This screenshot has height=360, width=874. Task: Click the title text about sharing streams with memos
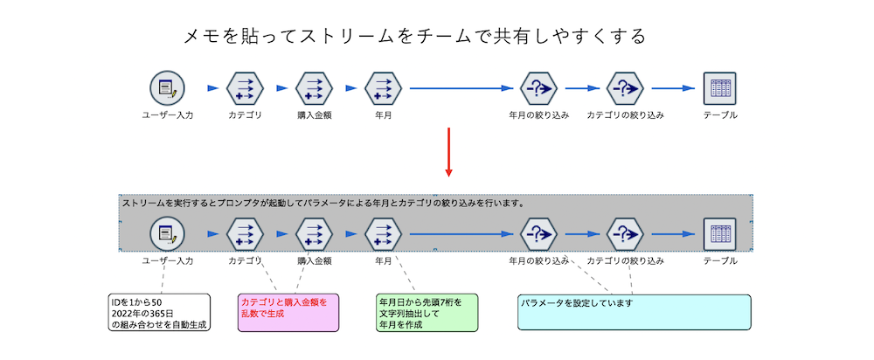click(414, 37)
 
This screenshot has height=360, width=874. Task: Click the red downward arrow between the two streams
click(447, 152)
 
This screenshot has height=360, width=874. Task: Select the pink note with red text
click(288, 312)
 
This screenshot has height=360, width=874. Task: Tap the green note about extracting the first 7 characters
click(426, 312)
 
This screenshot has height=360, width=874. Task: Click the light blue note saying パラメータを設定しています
click(634, 312)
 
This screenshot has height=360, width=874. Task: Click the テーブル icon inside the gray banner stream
click(720, 234)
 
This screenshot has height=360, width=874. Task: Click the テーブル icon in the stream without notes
click(720, 88)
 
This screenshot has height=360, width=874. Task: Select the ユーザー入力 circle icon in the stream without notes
click(167, 88)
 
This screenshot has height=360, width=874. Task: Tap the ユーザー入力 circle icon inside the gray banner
click(167, 234)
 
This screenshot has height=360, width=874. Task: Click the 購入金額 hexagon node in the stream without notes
click(314, 88)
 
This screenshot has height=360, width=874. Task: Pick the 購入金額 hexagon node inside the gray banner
click(314, 234)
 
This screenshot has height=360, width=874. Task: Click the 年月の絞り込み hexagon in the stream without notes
click(538, 88)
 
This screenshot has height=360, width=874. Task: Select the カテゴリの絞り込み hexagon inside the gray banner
click(625, 234)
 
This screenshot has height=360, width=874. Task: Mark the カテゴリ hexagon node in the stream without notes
click(245, 88)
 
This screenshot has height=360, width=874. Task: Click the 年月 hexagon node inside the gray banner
click(383, 234)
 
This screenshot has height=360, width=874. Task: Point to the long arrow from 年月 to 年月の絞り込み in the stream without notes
click(459, 88)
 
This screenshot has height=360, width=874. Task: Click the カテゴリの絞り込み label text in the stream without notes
click(625, 115)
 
